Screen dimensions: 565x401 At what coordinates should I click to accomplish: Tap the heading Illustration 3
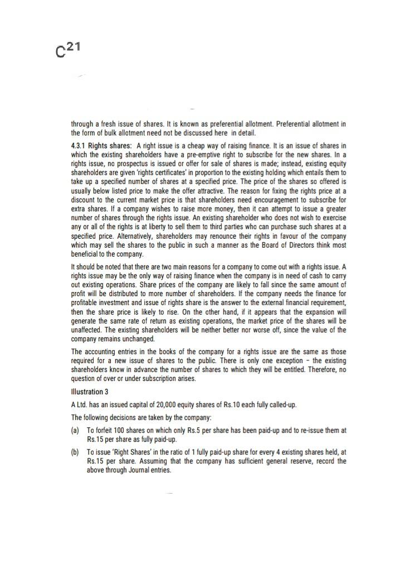click(90, 392)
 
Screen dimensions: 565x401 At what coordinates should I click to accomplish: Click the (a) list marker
click(75, 431)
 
